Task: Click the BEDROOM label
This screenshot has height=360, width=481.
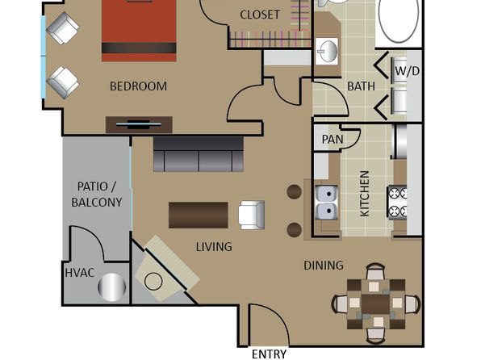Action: point(138,86)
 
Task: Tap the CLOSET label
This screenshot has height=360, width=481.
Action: point(260,15)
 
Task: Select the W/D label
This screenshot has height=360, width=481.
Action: point(407,71)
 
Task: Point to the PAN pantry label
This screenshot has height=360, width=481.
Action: point(333,140)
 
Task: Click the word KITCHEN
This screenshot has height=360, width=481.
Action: point(365,194)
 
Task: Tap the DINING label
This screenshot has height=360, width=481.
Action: point(324,266)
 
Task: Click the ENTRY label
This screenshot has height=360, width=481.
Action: point(269,354)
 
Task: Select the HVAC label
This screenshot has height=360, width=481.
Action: point(80,273)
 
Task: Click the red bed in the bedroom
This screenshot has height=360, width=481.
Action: point(139,31)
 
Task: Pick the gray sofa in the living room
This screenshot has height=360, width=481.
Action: point(199,154)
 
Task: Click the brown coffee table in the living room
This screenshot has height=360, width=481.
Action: point(199,216)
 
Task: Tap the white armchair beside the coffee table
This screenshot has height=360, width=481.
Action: point(252,216)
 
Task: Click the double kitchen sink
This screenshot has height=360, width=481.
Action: point(327,203)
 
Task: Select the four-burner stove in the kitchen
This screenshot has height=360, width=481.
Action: point(398,203)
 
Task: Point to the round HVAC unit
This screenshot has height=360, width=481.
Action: point(112,287)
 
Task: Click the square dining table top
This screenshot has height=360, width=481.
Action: point(376,303)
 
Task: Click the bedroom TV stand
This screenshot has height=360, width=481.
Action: point(139,124)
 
